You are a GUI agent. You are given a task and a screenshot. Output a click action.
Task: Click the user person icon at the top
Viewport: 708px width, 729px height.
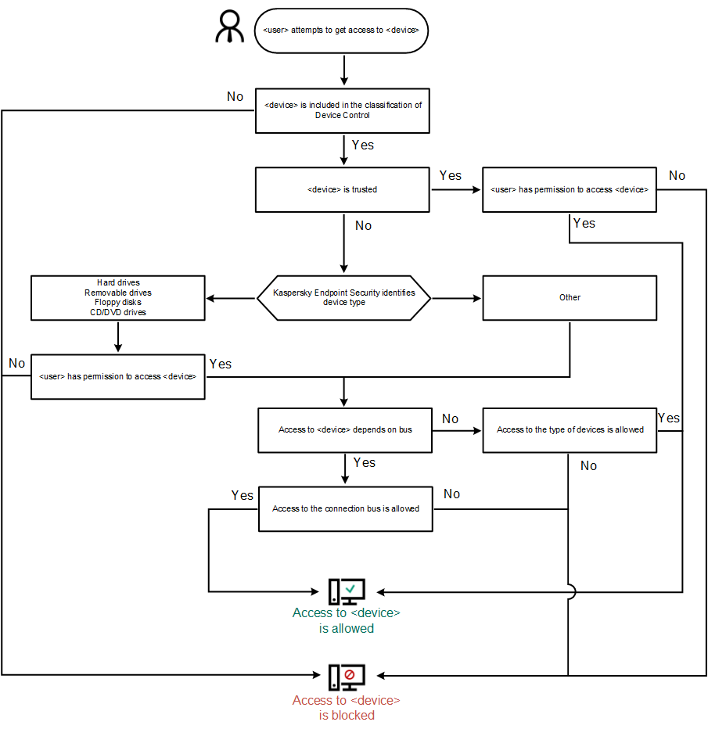point(230,29)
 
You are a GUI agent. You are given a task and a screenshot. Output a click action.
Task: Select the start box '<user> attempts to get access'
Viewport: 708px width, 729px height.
point(341,31)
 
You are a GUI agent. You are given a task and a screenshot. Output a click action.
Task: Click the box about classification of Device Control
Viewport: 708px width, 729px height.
point(342,110)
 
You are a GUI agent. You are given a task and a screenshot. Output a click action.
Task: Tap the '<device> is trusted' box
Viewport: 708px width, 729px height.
point(342,190)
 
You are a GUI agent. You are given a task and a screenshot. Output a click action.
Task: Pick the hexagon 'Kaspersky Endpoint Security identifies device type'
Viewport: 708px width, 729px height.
point(344,297)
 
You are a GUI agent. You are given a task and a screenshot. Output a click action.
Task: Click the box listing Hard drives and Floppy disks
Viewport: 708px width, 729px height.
point(117,297)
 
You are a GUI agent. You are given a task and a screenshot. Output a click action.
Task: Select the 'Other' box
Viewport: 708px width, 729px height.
point(570,297)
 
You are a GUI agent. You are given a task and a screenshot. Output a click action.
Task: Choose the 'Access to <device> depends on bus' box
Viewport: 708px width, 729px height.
point(345,429)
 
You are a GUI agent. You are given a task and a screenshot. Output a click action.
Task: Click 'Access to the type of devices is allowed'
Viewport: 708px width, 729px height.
point(570,429)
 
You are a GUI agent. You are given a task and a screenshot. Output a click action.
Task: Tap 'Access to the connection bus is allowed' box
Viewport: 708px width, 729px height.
point(345,508)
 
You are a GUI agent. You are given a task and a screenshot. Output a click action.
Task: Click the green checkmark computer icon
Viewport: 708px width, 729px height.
point(346,591)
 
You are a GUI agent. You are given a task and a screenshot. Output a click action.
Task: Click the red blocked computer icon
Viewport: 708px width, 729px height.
point(346,676)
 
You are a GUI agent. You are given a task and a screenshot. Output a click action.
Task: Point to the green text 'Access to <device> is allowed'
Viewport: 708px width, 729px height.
point(346,620)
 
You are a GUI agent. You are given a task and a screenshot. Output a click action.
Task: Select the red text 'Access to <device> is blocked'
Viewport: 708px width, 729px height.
point(346,707)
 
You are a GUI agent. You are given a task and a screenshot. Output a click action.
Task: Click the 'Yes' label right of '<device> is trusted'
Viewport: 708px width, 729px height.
point(451,175)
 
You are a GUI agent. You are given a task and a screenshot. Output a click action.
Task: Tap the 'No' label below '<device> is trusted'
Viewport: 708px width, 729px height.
point(363,225)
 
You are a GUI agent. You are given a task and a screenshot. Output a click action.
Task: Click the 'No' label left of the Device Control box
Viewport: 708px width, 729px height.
point(235,96)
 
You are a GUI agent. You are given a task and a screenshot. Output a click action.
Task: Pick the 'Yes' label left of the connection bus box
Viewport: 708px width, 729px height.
point(243,495)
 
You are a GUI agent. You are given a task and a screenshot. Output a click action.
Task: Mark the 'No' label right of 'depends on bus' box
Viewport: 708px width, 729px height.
point(450,418)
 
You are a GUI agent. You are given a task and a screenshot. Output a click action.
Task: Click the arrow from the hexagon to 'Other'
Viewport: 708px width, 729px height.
point(457,298)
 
